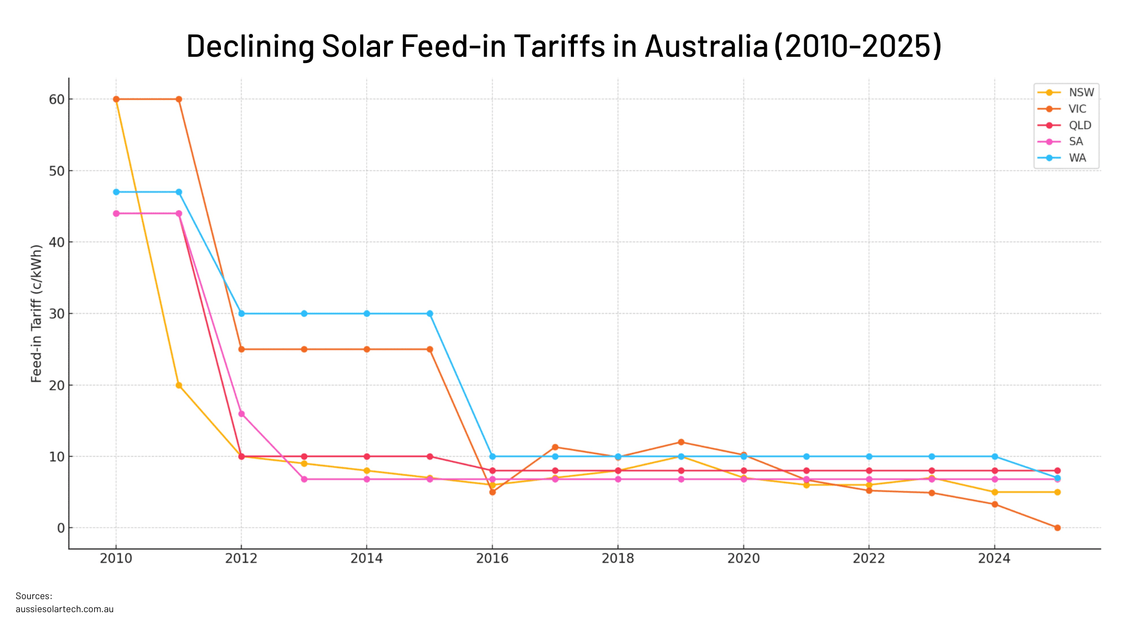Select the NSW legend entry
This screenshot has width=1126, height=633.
click(x=1081, y=93)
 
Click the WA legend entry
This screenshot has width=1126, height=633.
click(x=1077, y=158)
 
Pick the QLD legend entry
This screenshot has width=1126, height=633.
click(x=1080, y=125)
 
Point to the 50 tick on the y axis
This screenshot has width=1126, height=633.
click(x=56, y=171)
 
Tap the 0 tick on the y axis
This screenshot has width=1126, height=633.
click(x=61, y=528)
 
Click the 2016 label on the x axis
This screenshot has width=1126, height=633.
click(x=492, y=558)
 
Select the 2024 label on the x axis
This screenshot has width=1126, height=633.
click(x=994, y=558)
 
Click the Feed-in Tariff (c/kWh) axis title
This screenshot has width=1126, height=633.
click(x=36, y=314)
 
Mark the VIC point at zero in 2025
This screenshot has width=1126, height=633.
click(x=1057, y=528)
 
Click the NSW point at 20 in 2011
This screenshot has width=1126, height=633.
click(x=179, y=386)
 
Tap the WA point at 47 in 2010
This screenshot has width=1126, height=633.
click(x=116, y=192)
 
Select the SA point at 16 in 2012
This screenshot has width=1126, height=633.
click(x=241, y=414)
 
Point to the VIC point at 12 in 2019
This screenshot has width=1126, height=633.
click(x=681, y=442)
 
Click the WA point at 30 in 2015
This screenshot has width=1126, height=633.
click(x=430, y=314)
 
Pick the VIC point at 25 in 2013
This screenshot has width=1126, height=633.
click(x=304, y=350)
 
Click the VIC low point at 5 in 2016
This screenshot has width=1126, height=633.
click(x=492, y=492)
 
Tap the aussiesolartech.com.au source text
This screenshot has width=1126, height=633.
click(x=65, y=609)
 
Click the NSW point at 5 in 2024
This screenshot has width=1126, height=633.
click(x=995, y=492)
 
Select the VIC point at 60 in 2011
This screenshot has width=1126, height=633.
click(x=179, y=100)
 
